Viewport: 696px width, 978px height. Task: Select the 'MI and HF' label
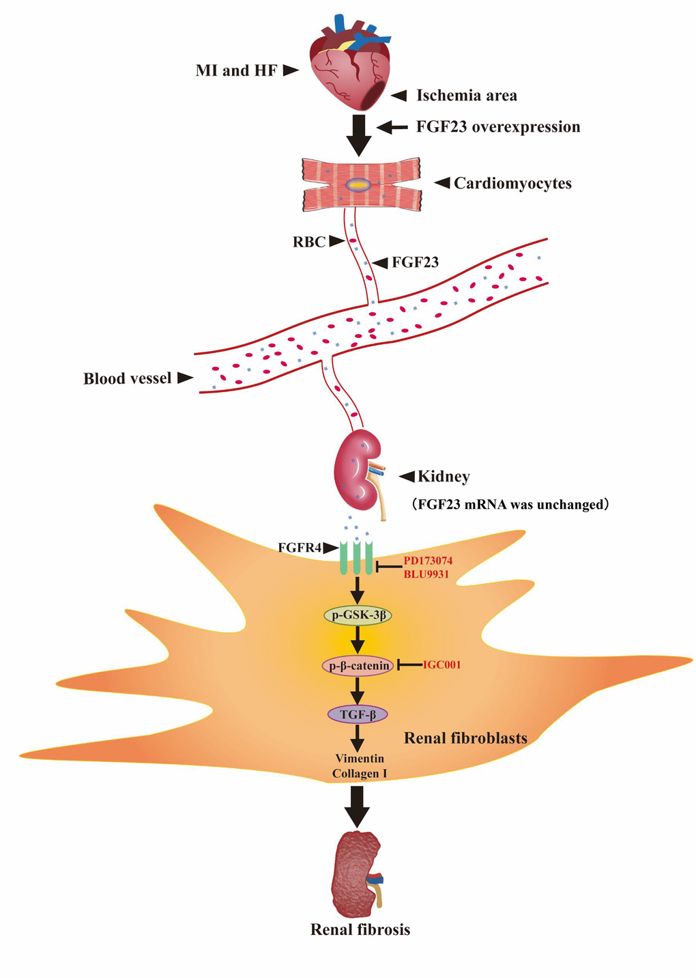click(236, 70)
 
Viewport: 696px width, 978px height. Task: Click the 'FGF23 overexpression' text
click(498, 127)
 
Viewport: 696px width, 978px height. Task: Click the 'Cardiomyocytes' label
click(512, 183)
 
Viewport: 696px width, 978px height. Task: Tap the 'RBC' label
click(309, 242)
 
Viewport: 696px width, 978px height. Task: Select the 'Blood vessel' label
click(128, 378)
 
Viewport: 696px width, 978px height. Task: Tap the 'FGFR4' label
click(300, 547)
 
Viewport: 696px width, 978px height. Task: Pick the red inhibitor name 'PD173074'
click(428, 561)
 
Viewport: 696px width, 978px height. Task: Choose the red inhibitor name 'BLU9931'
click(426, 574)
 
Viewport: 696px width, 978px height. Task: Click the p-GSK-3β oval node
click(358, 615)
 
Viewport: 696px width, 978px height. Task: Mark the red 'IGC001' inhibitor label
click(442, 665)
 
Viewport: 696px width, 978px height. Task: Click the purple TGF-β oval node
click(358, 714)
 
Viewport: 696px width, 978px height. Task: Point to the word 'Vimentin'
click(360, 759)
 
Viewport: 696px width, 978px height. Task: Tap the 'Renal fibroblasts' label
click(465, 738)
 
